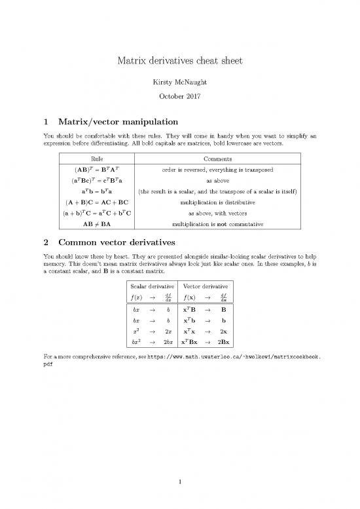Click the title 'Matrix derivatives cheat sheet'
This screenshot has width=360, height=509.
pos(180,62)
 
